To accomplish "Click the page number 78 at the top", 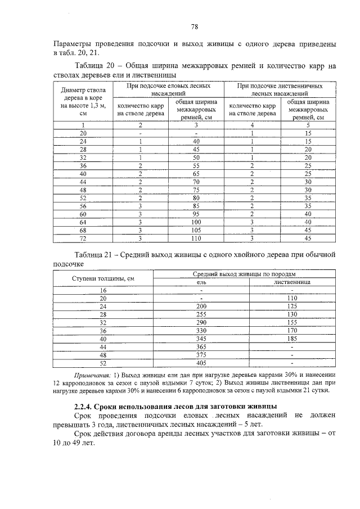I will (194, 26).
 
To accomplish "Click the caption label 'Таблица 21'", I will (94, 254).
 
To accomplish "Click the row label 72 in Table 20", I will (83, 238).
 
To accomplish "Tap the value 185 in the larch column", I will (292, 339).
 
